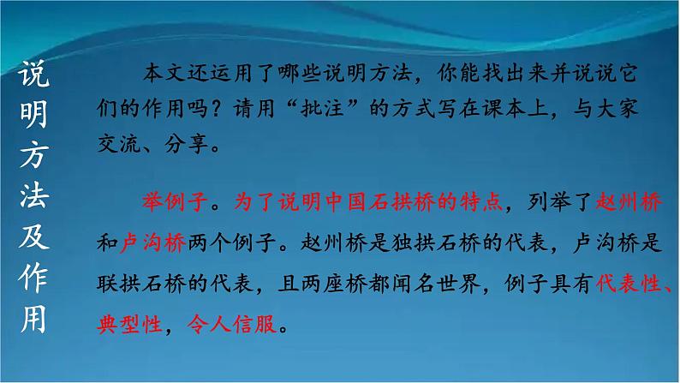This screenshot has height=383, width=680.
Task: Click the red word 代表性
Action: click(x=623, y=285)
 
